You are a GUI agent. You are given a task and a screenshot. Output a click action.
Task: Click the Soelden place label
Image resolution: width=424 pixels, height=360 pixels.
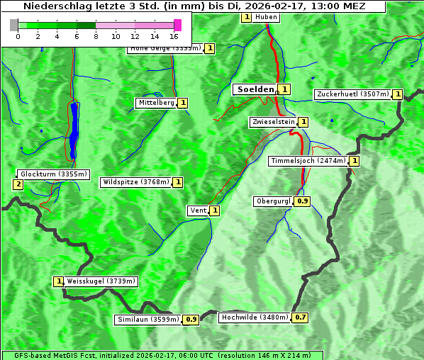point(255,89)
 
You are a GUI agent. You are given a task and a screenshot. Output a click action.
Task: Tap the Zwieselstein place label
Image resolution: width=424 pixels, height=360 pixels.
point(273,122)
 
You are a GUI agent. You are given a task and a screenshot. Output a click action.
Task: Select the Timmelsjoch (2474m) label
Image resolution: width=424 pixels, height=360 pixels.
point(308,161)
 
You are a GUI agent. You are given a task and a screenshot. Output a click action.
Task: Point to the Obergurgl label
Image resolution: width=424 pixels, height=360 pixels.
point(273,201)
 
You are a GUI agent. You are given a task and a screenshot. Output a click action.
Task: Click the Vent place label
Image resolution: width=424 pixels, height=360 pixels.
point(198,210)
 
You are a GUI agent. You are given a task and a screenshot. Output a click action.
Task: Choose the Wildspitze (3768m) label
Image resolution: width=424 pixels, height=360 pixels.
point(136,182)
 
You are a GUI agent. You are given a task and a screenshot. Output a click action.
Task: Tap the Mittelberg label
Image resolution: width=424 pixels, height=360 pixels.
point(156,103)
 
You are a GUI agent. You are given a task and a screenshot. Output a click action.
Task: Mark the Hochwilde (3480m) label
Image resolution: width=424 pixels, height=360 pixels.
point(255,317)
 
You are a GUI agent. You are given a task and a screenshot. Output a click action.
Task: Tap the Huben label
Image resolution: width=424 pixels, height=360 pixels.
point(266,17)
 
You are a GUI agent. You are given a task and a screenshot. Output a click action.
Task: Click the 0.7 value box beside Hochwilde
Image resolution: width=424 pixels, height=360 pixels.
point(301,317)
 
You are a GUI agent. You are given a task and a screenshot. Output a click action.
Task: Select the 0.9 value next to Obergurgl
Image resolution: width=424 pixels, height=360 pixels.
point(303,201)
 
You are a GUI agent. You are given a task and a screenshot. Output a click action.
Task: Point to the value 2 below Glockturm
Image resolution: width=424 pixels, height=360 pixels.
point(18,185)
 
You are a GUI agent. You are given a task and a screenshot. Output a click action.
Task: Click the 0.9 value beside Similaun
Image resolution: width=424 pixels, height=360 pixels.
point(191,320)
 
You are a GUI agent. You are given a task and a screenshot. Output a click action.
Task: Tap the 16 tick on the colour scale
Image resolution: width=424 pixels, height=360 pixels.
point(174,35)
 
